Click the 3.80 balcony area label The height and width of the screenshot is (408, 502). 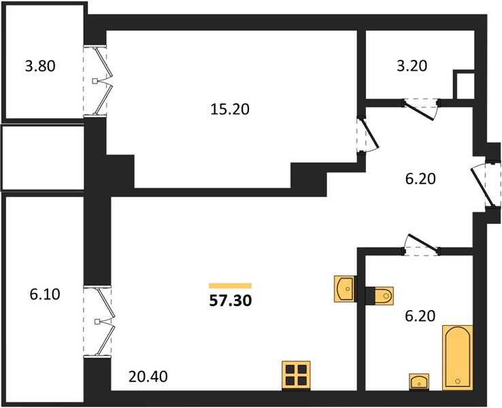pos(40,66)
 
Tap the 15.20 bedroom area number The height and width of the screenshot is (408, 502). pos(230,109)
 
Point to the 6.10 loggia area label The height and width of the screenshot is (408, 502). pos(45,294)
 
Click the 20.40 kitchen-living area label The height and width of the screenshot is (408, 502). pos(148,377)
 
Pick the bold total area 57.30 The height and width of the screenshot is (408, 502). pos(231,301)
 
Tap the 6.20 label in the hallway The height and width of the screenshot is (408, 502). pos(420,179)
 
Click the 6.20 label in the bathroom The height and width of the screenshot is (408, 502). pos(420,316)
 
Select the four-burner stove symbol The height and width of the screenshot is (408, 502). pos(296,375)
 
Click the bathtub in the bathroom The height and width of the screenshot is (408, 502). pos(458,358)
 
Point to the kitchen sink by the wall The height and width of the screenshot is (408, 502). pos(345,289)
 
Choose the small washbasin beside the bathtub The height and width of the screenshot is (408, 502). pos(419,381)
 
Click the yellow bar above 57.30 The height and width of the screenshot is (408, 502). pos(230,286)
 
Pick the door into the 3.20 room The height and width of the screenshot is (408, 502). pos(421,109)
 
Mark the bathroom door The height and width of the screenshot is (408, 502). pos(421,245)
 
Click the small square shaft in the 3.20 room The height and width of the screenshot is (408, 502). pos(463,84)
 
